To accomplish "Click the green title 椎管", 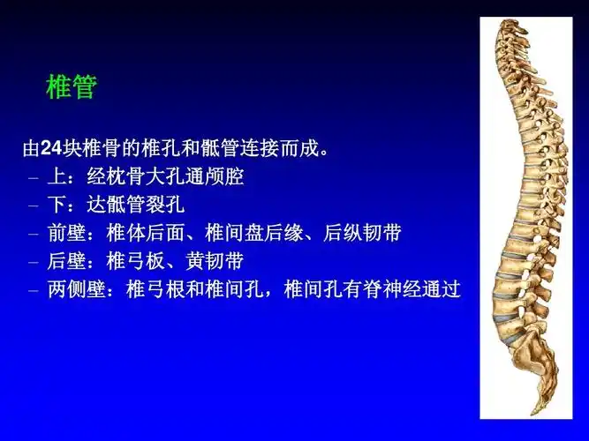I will click(x=71, y=87).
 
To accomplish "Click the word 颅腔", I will click(x=224, y=176).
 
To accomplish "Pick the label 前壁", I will click(x=67, y=234).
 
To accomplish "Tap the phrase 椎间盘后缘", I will click(x=253, y=234).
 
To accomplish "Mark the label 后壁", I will click(x=67, y=262).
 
